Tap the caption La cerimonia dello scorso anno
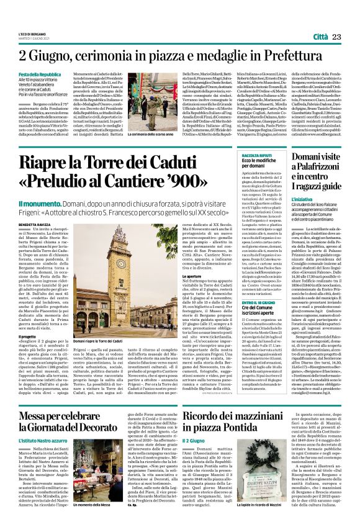[146, 134]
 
